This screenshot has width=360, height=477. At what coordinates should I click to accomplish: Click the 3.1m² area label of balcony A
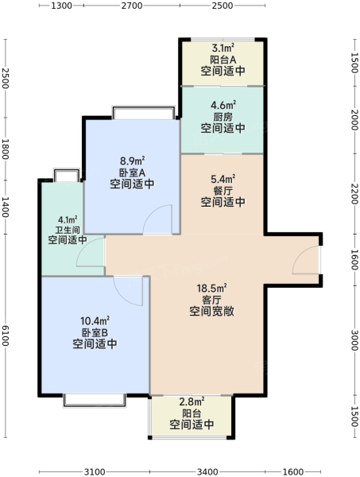coord(223,48)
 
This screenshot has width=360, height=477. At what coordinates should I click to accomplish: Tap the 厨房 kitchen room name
coord(223,117)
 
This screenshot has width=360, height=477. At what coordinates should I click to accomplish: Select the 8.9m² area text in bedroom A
coord(132,161)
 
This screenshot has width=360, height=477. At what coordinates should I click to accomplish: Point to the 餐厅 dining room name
coord(223,191)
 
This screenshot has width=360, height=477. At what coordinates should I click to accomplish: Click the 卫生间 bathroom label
coord(68,230)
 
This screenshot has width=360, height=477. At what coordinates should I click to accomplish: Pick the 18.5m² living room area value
coord(211,288)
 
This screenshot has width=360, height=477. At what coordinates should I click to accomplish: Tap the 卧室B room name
coord(95,332)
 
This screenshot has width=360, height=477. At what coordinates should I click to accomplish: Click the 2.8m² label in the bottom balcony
coord(192,401)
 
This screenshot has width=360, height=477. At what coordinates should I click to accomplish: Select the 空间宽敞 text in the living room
coord(211,311)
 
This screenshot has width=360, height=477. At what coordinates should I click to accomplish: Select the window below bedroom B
coord(95,401)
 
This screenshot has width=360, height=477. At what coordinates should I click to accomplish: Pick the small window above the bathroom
coord(67,175)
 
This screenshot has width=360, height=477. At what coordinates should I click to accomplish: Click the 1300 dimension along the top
coord(61,6)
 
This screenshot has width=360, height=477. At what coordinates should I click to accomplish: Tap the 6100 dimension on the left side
coord(6,335)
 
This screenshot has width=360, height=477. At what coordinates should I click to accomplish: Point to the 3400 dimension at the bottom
coord(207,471)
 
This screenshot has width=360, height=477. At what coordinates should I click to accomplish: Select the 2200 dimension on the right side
coord(354,193)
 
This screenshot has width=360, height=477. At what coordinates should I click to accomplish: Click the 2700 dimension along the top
coord(132,6)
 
